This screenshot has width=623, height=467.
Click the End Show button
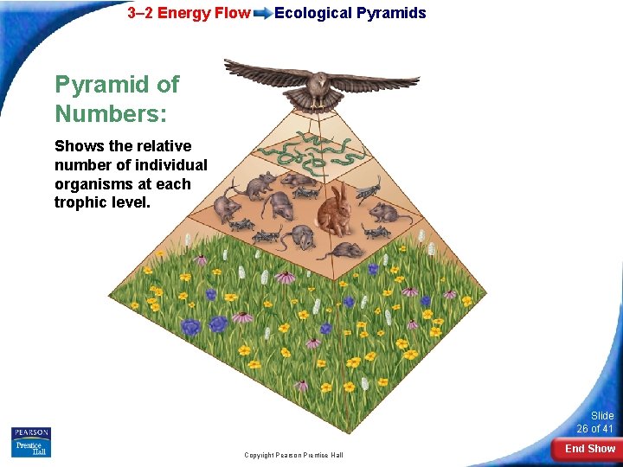coord(589,449)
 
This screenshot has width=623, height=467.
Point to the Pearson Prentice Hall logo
coord(31,442)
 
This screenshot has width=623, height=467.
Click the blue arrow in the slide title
coord(261,13)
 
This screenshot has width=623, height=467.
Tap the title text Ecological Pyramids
coord(350,13)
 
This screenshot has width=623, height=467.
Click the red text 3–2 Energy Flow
coord(189,13)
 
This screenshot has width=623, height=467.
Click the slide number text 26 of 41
coord(595,429)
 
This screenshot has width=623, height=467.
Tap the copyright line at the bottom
coord(293,455)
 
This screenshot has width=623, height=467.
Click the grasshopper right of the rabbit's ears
coord(368,189)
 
